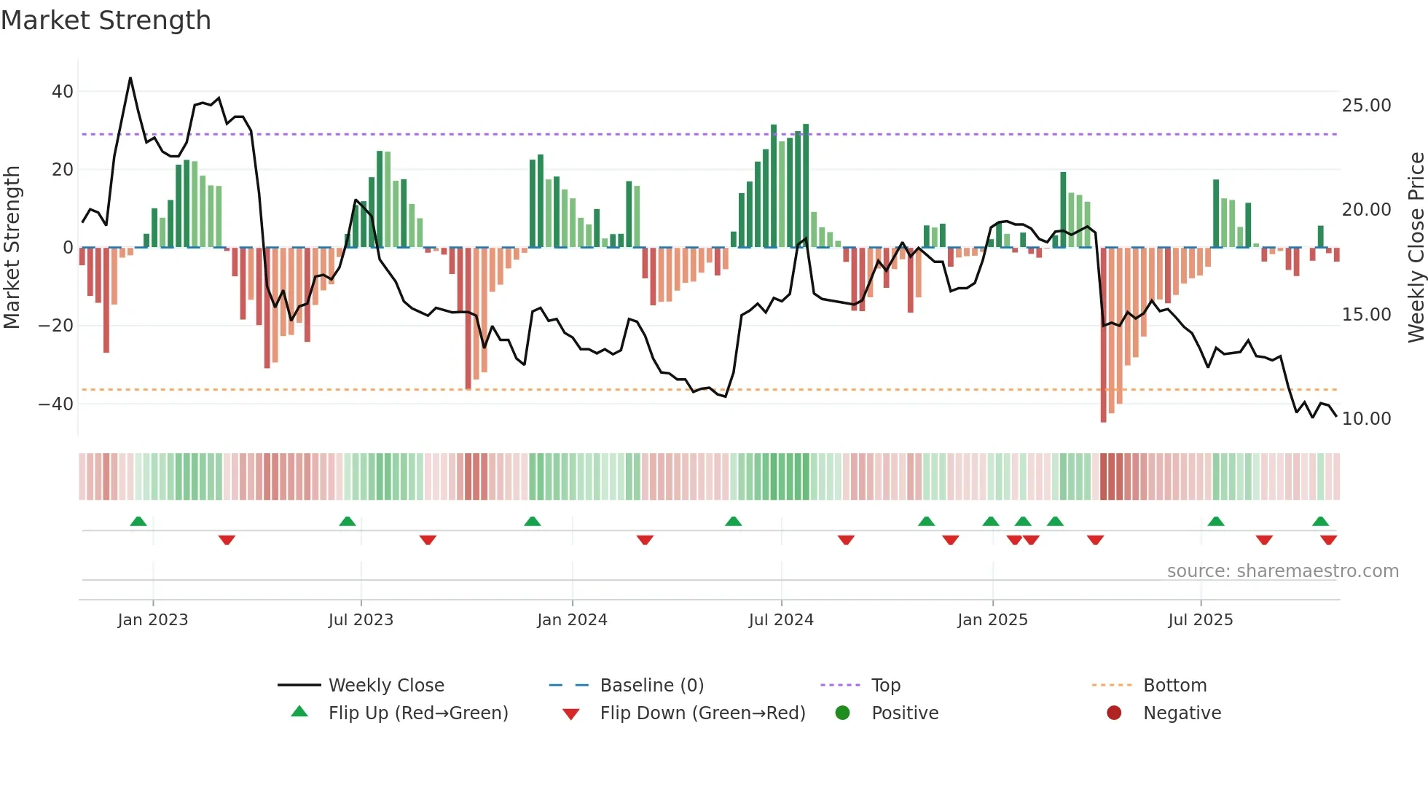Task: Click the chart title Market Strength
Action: click(106, 20)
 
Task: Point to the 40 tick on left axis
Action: click(62, 92)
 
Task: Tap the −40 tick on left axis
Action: click(56, 404)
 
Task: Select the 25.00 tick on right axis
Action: click(1366, 106)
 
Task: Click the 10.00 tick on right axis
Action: click(1366, 419)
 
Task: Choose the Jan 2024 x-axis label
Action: click(572, 620)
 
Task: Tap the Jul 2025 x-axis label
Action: click(1200, 620)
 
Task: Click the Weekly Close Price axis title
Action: click(1416, 248)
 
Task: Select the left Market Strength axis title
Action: click(12, 248)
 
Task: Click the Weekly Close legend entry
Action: click(386, 686)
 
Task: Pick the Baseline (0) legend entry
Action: click(651, 686)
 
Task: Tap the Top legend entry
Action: click(885, 686)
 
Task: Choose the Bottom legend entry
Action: click(1174, 686)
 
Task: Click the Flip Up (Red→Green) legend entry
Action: click(417, 713)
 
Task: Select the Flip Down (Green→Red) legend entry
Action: click(702, 713)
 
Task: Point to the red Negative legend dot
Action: click(1114, 713)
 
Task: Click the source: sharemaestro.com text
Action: click(1282, 571)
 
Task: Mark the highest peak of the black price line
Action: click(130, 78)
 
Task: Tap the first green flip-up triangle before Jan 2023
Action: click(138, 521)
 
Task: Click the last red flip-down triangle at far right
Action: click(1328, 540)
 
